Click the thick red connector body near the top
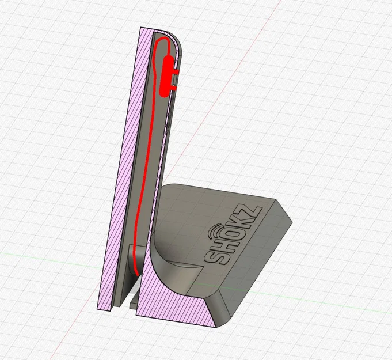coord(168,75)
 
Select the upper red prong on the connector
coord(176,73)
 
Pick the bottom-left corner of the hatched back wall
coord(104,309)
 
